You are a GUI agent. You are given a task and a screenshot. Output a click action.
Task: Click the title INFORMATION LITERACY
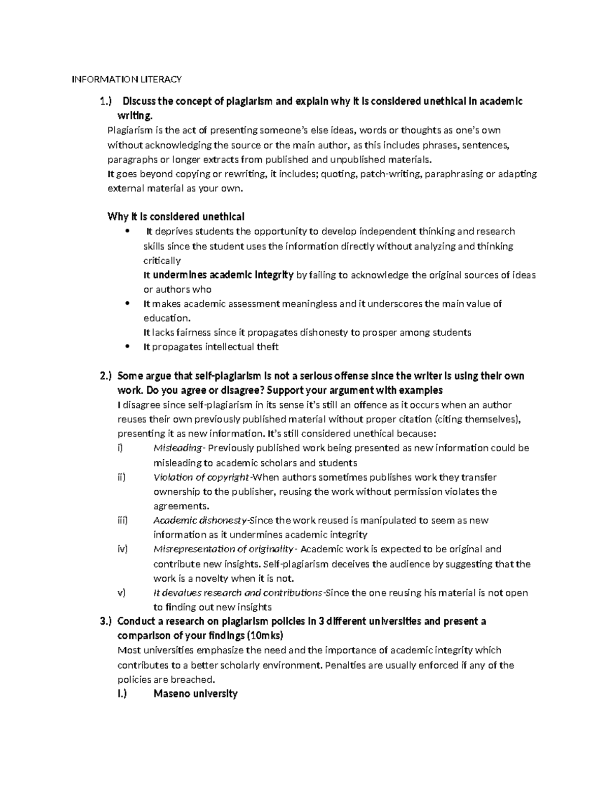click(127, 79)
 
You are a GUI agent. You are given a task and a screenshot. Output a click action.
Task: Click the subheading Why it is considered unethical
click(176, 217)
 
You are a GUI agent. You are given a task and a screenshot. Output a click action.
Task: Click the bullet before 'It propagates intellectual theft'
click(127, 346)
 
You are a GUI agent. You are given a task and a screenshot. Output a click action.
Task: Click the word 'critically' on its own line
click(162, 261)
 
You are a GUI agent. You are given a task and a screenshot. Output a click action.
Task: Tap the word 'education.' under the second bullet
click(167, 318)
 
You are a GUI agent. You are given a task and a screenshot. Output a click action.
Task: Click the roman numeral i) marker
click(120, 448)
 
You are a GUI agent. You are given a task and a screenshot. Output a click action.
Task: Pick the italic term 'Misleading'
click(177, 448)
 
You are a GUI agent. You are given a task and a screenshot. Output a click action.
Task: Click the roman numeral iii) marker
click(122, 520)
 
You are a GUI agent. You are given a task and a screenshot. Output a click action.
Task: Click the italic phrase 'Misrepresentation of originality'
click(223, 549)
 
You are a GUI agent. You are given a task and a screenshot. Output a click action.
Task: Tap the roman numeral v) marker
click(121, 593)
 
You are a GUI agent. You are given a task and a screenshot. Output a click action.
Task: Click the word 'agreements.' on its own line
click(181, 506)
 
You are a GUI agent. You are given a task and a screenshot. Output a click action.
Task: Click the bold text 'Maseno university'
click(195, 694)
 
